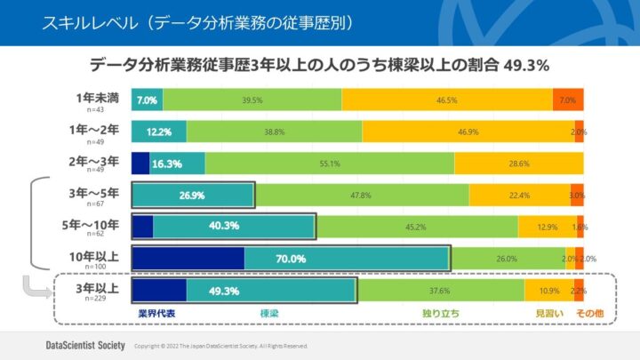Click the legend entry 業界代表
tap(156, 314)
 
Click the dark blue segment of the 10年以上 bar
tap(188, 259)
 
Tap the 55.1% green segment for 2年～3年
tap(330, 164)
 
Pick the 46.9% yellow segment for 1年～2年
tap(468, 132)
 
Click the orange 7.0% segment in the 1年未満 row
tap(568, 100)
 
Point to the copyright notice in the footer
tap(220, 345)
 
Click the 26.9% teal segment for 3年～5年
tap(192, 195)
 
